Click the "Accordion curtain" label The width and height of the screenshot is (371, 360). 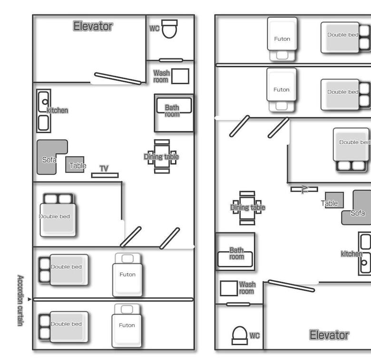point(20,301)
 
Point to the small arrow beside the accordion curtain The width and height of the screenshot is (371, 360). point(29,299)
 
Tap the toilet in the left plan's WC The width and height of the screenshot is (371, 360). point(169,29)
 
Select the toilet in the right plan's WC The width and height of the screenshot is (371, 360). point(239,335)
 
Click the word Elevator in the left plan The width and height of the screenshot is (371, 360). point(93,26)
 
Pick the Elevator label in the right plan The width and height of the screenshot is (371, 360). point(329,335)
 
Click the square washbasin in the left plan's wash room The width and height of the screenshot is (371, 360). point(180,76)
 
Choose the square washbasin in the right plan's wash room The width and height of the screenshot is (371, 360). point(229,288)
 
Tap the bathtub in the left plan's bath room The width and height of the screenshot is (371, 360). point(174,106)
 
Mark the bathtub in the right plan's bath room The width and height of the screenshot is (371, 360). point(235,259)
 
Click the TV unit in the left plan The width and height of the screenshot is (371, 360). point(105,175)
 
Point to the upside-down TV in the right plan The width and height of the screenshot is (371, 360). point(304,189)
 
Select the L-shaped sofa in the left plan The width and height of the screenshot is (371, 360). point(47,156)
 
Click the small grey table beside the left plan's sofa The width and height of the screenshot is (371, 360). point(75,165)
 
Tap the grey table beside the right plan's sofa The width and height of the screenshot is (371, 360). point(334,200)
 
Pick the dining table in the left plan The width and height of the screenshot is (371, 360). point(162,156)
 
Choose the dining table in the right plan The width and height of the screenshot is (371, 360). point(247,208)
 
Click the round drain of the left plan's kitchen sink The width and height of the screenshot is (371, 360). point(45,102)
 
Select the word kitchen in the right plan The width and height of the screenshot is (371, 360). point(351,254)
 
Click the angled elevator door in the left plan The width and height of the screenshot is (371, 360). point(118,78)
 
